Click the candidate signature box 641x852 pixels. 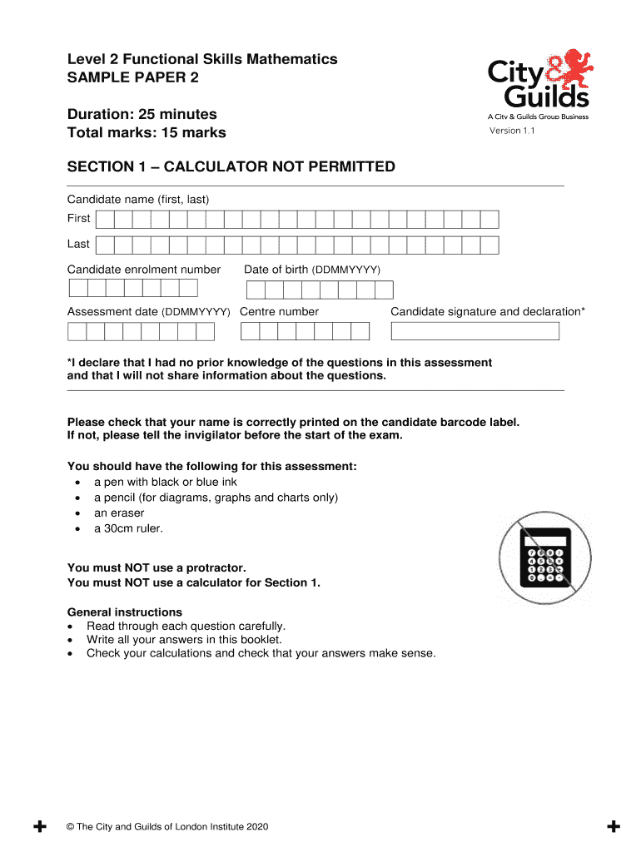tap(475, 331)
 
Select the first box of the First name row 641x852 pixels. tap(105, 220)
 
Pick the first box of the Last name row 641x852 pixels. tap(105, 245)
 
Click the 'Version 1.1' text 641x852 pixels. tap(512, 131)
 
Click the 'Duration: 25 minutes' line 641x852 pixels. tap(142, 114)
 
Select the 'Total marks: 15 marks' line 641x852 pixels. tap(146, 133)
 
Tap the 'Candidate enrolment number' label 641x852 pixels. tap(143, 270)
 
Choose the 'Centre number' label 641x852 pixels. tap(279, 312)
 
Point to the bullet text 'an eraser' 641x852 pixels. tap(119, 513)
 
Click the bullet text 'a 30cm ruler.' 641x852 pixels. tap(128, 528)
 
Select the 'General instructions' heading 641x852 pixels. tap(124, 612)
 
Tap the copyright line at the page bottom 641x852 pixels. tap(167, 827)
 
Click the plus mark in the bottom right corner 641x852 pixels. tap(614, 827)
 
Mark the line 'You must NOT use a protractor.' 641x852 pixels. tap(157, 568)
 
